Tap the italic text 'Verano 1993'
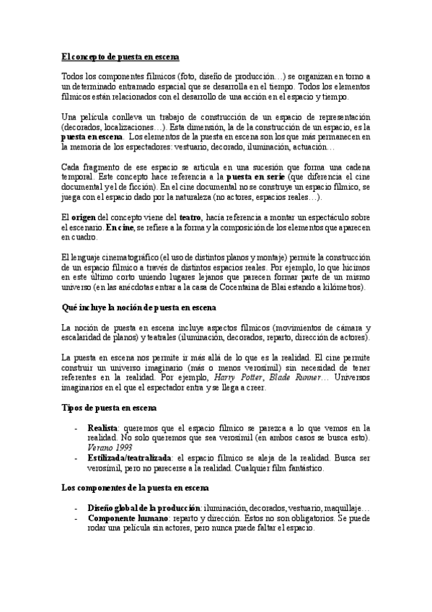click(108, 448)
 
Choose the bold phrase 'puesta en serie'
click(258, 175)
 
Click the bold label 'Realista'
click(104, 428)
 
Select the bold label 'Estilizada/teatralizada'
click(130, 458)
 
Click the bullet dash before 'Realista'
click(76, 428)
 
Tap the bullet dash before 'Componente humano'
click(76, 517)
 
